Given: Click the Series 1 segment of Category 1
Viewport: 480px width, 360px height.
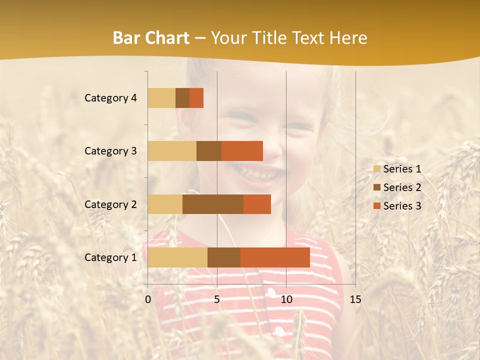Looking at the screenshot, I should pyautogui.click(x=177, y=257).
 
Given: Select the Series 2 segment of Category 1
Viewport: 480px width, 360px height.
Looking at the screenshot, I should pyautogui.click(x=224, y=257).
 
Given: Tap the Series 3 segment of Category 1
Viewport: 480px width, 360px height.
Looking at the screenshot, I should pyautogui.click(x=275, y=257).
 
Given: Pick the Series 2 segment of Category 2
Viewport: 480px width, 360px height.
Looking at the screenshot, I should pyautogui.click(x=213, y=204).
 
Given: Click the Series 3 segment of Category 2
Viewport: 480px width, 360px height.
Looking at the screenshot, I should pyautogui.click(x=257, y=204).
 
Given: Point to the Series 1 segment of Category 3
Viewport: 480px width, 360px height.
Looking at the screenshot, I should pyautogui.click(x=172, y=151).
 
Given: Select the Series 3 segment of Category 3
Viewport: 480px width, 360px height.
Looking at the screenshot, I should pyautogui.click(x=242, y=151).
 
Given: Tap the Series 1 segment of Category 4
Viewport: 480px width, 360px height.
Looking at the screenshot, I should pyautogui.click(x=161, y=98).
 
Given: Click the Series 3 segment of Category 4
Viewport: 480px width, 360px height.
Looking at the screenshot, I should pyautogui.click(x=196, y=98).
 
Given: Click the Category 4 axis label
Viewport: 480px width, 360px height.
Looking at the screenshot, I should pyautogui.click(x=110, y=98).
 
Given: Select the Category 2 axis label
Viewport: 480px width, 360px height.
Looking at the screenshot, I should pyautogui.click(x=110, y=204).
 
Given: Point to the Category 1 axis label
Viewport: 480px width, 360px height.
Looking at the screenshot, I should pyautogui.click(x=110, y=257).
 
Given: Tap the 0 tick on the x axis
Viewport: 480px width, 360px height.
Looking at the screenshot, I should pyautogui.click(x=148, y=299).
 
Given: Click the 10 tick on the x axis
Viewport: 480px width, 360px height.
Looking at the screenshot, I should pyautogui.click(x=286, y=299).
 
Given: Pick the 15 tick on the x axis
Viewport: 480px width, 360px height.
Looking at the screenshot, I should pyautogui.click(x=355, y=299).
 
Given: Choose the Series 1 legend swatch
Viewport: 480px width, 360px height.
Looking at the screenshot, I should pyautogui.click(x=376, y=169).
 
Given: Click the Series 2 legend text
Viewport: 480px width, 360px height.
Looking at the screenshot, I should pyautogui.click(x=402, y=187).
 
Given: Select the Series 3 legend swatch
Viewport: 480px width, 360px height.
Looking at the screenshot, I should pyautogui.click(x=376, y=206).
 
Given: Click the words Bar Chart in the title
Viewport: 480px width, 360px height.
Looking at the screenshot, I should pyautogui.click(x=151, y=38).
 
